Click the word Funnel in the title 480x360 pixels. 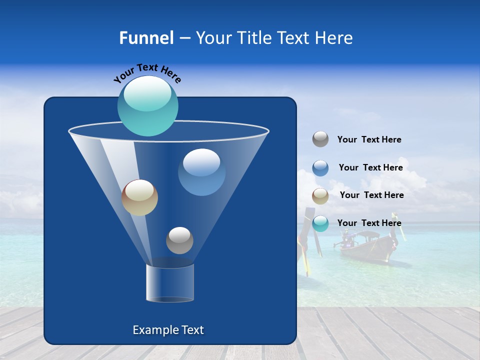click(146, 37)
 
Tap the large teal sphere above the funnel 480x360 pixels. click(147, 105)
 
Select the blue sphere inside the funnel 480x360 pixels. click(201, 172)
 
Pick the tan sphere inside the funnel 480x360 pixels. click(139, 197)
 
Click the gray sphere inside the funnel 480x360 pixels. click(179, 240)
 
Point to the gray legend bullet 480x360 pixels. click(320, 139)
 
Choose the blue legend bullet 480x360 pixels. click(320, 168)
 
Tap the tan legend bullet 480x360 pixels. click(320, 196)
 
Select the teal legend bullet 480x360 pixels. click(320, 223)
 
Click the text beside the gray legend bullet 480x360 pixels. click(369, 139)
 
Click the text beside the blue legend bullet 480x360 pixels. click(370, 167)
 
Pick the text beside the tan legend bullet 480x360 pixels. click(371, 195)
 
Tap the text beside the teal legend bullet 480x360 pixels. click(369, 223)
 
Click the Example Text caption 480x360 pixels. click(168, 330)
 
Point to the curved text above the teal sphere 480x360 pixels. click(147, 73)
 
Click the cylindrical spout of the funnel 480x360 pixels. click(170, 283)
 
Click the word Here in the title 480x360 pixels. click(335, 37)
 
